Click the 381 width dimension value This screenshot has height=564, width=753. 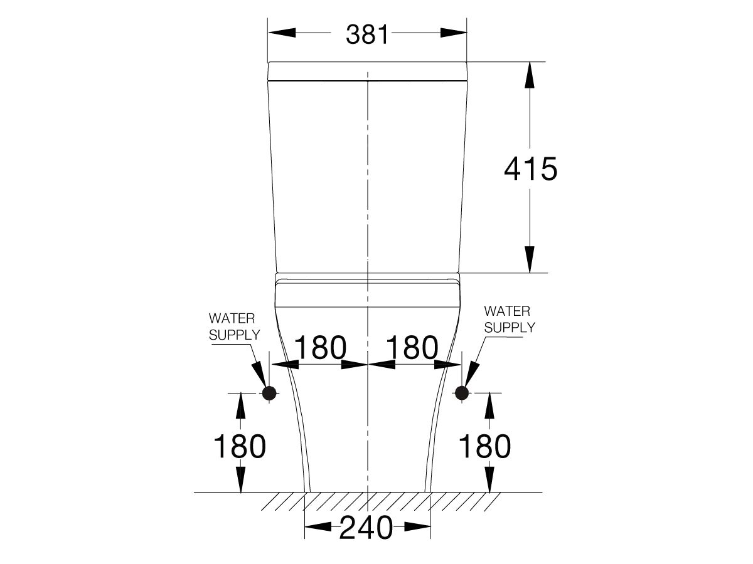click(x=368, y=34)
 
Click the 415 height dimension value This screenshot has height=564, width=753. click(x=530, y=169)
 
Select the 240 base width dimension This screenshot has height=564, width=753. click(x=366, y=528)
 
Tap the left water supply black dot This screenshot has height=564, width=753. click(x=269, y=393)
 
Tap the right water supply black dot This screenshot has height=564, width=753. click(x=462, y=393)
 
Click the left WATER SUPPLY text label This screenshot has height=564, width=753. click(x=233, y=326)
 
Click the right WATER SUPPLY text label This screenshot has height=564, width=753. click(x=509, y=319)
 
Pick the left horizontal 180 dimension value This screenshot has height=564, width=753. click(x=320, y=348)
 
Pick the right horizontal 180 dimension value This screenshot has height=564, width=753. click(x=412, y=348)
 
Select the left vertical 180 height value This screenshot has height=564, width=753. click(x=240, y=446)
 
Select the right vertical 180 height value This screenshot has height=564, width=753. click(x=484, y=446)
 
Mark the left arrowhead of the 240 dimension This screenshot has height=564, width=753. click(x=318, y=528)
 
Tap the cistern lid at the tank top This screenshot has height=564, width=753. click(x=367, y=71)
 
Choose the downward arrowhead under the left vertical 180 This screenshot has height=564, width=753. click(x=240, y=479)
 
